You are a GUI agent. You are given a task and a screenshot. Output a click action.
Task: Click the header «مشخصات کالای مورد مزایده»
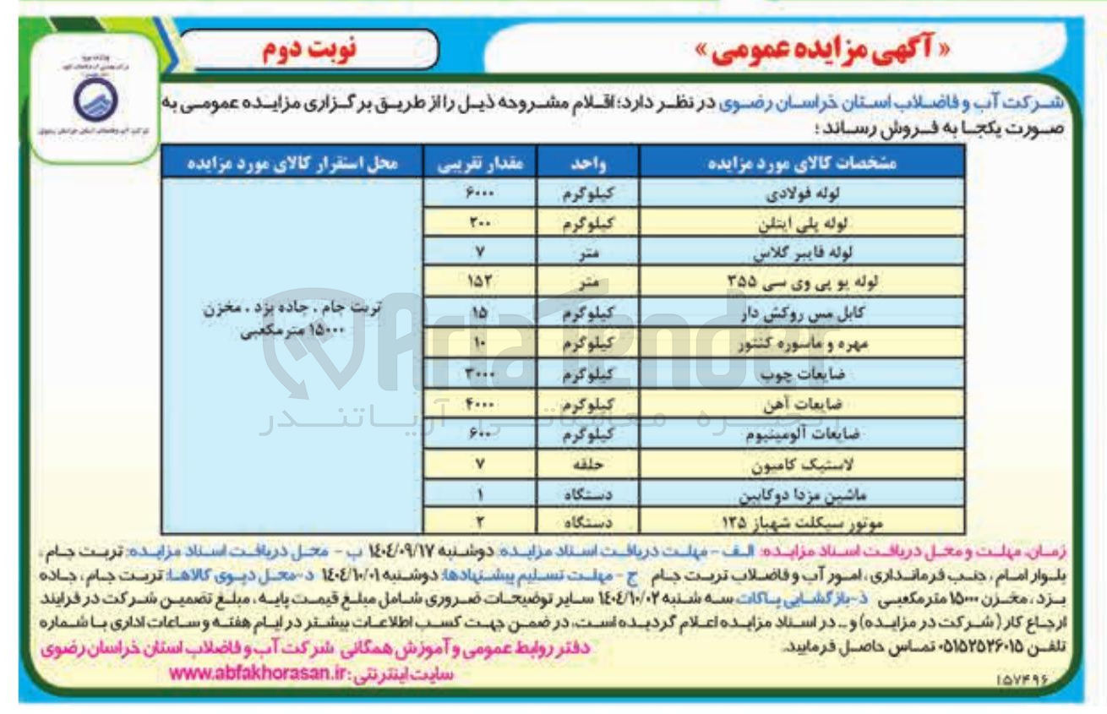click(801, 162)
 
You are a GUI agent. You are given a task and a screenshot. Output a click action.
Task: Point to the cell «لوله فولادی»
click(801, 193)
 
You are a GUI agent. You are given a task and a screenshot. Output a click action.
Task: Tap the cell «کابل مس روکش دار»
click(801, 313)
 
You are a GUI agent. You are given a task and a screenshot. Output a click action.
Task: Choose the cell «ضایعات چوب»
click(801, 373)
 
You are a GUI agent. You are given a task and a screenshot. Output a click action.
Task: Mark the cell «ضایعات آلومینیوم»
click(801, 433)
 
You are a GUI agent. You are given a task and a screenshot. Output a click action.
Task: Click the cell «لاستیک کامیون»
click(801, 464)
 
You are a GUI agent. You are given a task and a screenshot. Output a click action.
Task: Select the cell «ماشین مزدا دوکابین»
click(801, 493)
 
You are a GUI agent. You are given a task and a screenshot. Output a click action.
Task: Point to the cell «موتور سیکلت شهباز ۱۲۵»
click(801, 522)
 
